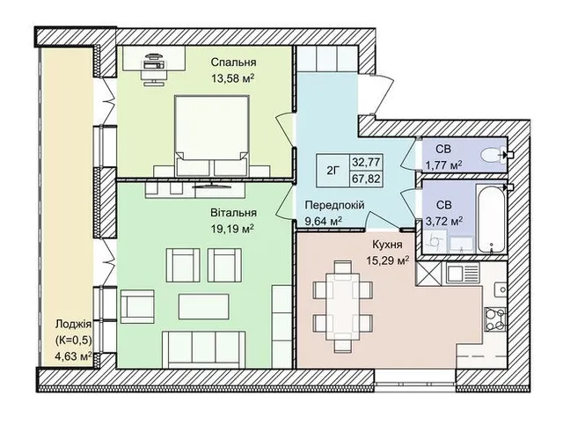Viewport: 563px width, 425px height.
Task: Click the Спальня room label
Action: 233,62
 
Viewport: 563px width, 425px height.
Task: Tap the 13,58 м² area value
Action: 233,78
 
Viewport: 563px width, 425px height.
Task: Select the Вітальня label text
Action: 233,213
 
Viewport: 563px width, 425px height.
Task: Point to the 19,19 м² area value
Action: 233,229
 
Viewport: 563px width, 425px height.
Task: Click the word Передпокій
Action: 334,205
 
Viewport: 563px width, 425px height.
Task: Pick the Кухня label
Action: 387,245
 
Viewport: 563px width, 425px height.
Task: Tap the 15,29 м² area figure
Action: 388,260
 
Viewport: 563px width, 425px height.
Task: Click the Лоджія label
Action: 73,324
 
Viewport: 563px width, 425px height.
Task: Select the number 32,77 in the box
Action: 366,162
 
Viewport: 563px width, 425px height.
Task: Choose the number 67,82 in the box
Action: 366,179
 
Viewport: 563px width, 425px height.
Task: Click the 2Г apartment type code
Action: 333,171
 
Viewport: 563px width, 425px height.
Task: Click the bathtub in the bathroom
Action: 491,218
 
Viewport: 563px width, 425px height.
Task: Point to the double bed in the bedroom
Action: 212,136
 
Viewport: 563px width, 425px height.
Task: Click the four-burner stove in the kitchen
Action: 495,319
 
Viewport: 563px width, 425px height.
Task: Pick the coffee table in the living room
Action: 203,306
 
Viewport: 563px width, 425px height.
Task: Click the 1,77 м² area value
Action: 443,165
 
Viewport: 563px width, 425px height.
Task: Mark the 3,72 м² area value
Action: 443,222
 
